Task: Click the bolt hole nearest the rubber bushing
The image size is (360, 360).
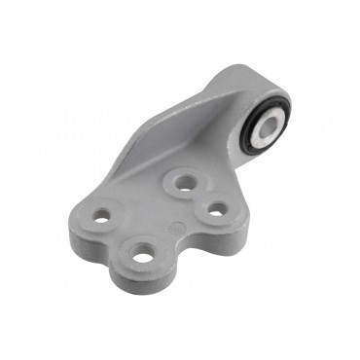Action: click(181, 180)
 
